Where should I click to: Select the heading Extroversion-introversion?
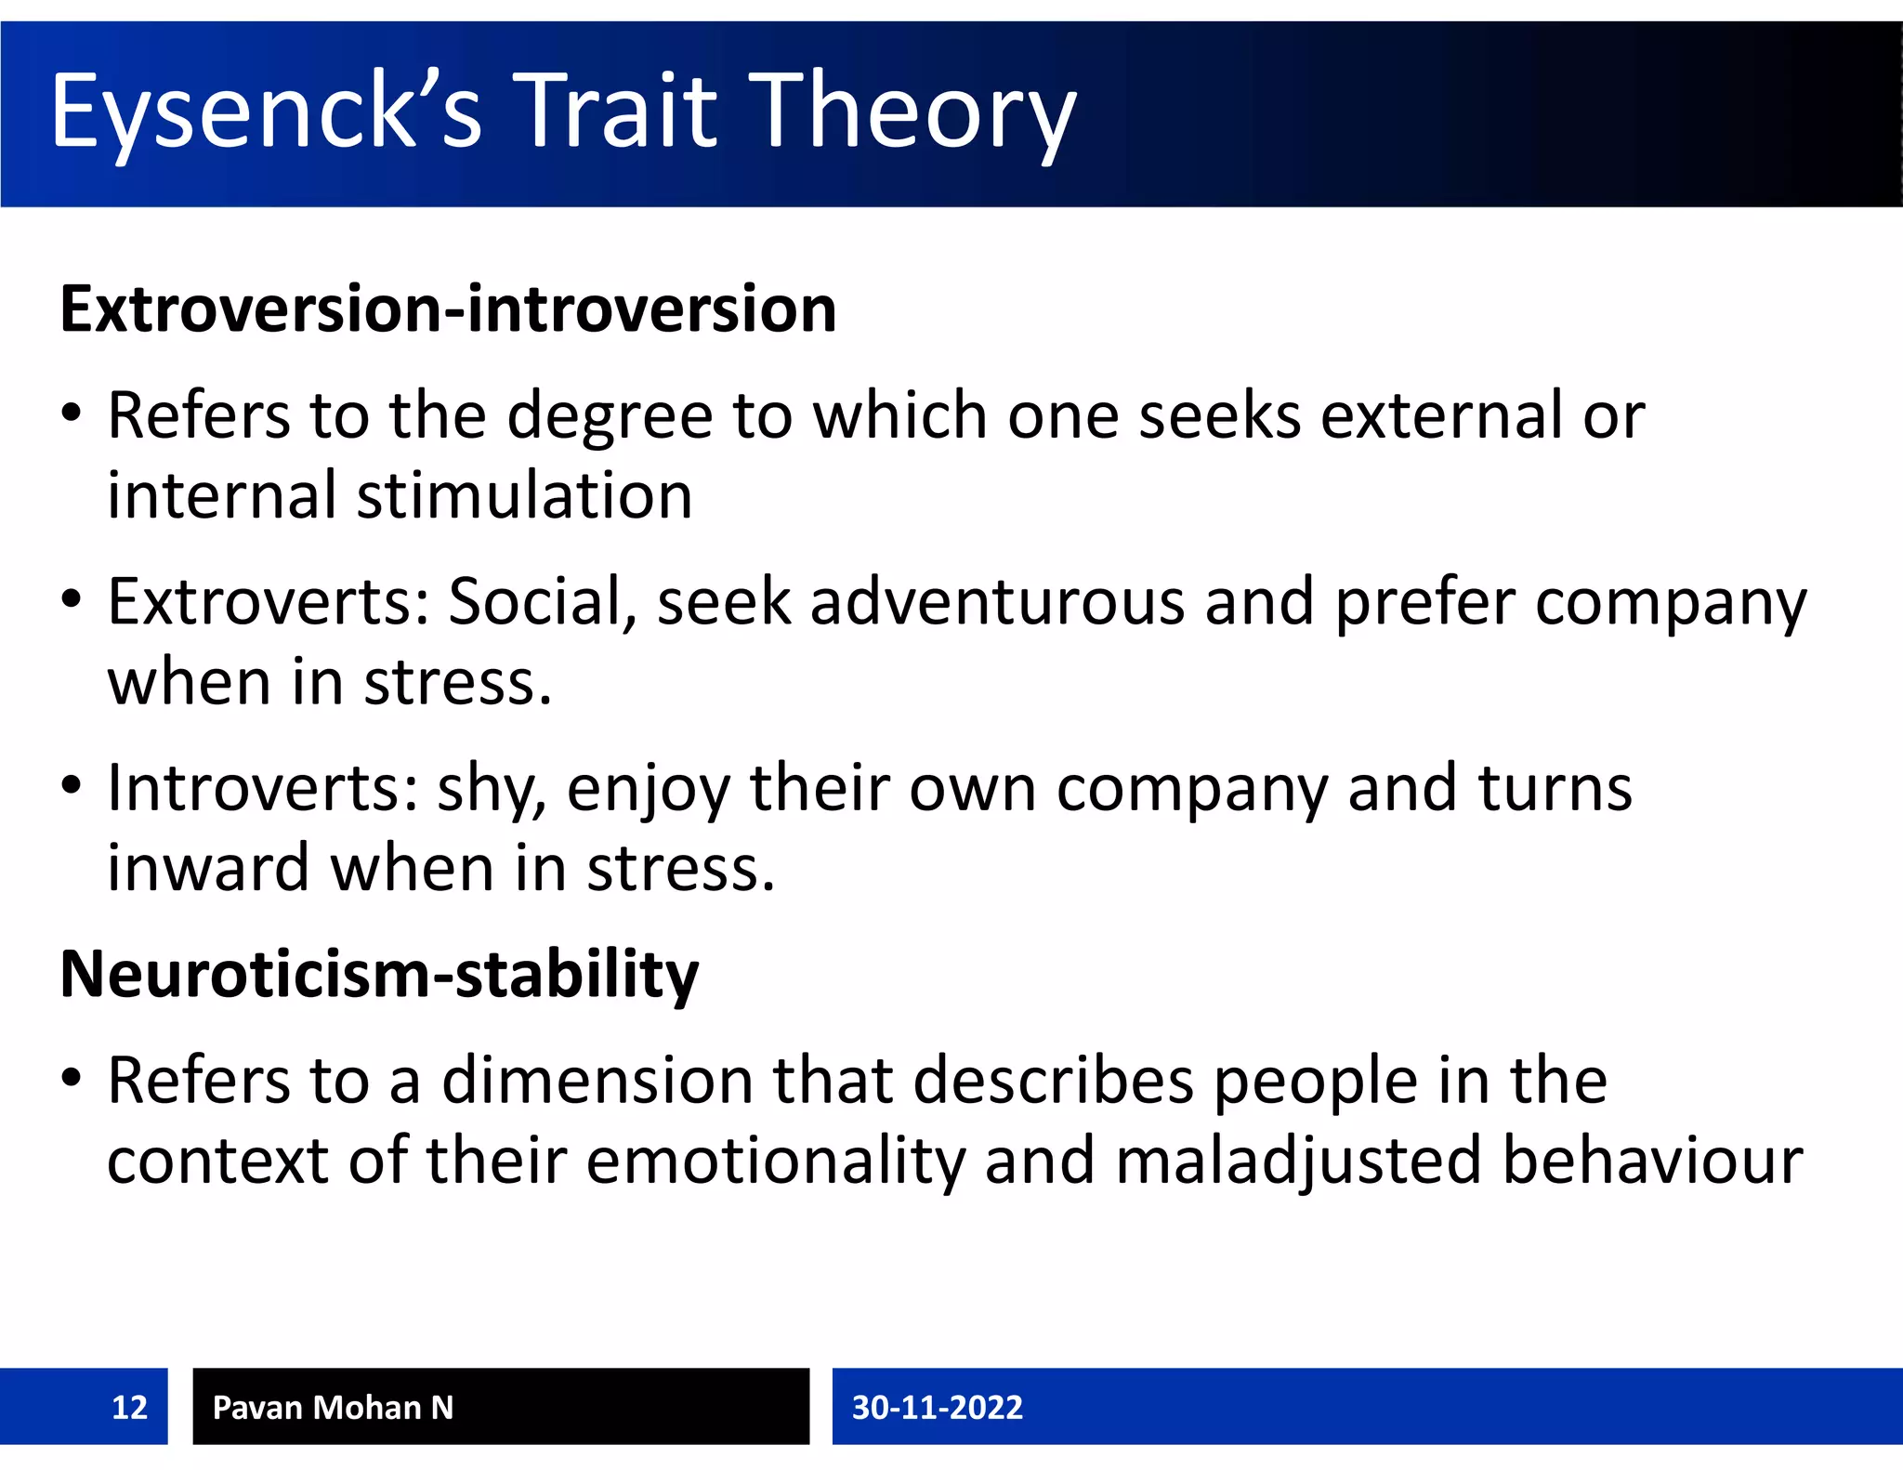pos(448,309)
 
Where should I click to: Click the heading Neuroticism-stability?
pos(379,975)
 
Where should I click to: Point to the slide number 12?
pos(129,1407)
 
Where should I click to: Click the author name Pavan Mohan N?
pos(333,1407)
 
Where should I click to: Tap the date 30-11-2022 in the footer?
pos(937,1407)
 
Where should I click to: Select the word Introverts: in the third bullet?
pos(262,788)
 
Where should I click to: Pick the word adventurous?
pos(997,602)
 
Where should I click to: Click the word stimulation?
pos(525,495)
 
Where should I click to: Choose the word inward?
pos(208,868)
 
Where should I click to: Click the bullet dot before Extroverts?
pos(72,599)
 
